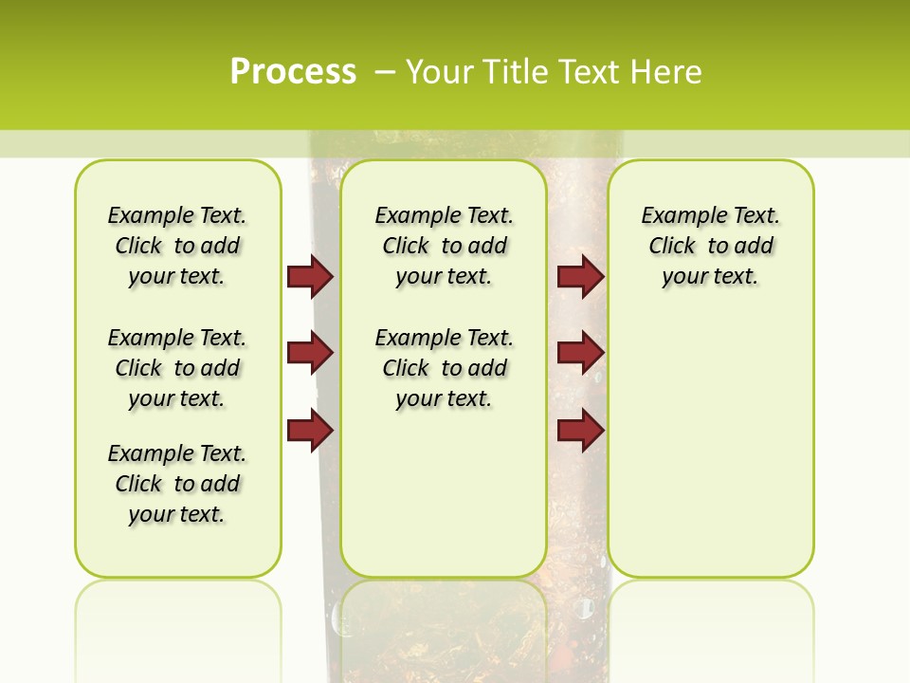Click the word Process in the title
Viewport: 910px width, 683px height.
[293, 71]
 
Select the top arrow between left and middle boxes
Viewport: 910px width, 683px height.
[310, 276]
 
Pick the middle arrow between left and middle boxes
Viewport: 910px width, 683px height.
[310, 353]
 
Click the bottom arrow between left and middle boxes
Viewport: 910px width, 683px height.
[310, 431]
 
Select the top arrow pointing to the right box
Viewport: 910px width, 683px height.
[580, 276]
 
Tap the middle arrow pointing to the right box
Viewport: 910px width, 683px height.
[580, 353]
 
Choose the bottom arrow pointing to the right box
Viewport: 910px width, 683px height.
[580, 431]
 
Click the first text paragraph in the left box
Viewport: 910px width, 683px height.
[177, 246]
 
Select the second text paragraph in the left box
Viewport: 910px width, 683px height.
[177, 368]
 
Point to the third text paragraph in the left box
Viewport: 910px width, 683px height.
[177, 484]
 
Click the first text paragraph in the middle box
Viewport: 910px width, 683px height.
[444, 246]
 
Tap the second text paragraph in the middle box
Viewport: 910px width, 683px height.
[444, 368]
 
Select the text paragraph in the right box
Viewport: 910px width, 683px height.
[711, 246]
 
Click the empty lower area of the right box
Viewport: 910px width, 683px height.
[711, 446]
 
